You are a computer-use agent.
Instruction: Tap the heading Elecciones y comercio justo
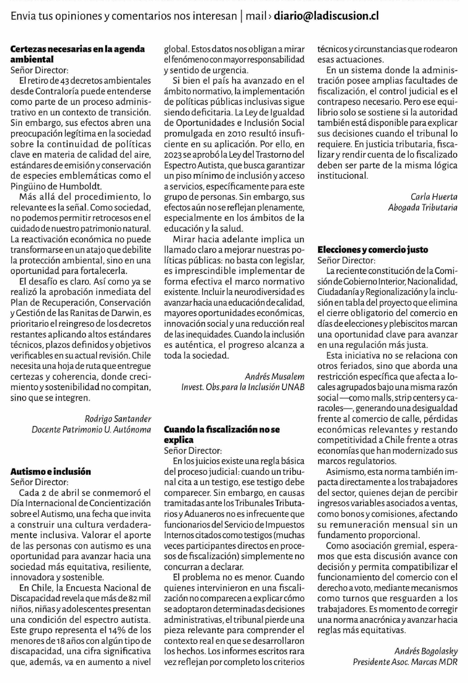pos(373,250)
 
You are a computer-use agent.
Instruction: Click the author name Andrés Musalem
pos(274,377)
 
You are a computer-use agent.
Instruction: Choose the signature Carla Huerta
pos(434,197)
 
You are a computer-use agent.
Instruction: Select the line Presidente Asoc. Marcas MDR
pos(405,662)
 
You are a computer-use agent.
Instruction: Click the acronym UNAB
pos(293,387)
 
